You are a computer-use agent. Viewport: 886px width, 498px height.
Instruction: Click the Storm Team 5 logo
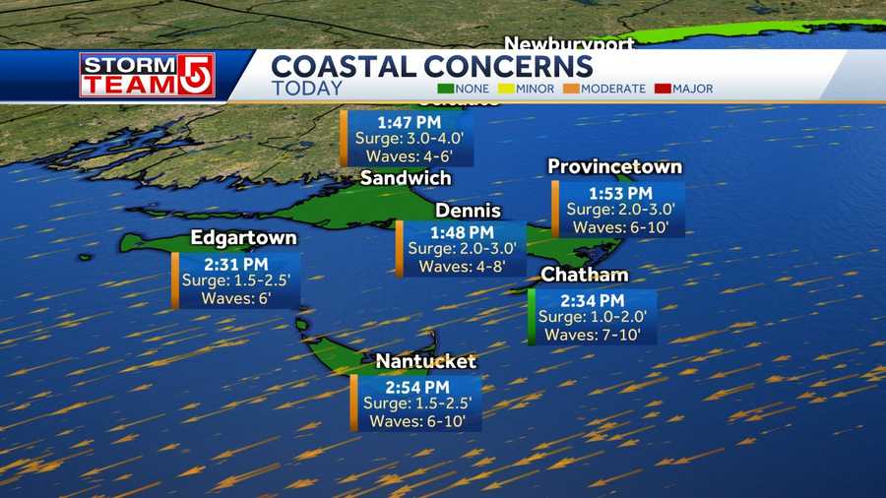148,75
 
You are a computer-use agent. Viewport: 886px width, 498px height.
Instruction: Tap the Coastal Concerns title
432,66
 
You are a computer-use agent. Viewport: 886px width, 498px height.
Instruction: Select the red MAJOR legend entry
683,89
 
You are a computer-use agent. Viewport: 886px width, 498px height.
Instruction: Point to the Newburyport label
569,44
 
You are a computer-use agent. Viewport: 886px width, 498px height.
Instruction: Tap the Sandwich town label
406,178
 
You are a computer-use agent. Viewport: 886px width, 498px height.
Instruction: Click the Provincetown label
614,166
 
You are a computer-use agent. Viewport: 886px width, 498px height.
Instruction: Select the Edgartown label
243,238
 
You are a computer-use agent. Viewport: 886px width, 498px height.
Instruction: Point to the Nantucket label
425,362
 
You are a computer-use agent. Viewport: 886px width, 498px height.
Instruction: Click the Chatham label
585,275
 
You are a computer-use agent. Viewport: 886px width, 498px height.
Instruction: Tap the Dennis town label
468,211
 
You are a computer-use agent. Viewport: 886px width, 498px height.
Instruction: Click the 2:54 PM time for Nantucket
417,387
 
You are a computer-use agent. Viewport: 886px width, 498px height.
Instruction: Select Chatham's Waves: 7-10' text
593,335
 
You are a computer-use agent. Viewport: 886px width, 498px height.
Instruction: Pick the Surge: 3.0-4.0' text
408,139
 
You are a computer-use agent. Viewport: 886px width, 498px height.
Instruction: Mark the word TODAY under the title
307,89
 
